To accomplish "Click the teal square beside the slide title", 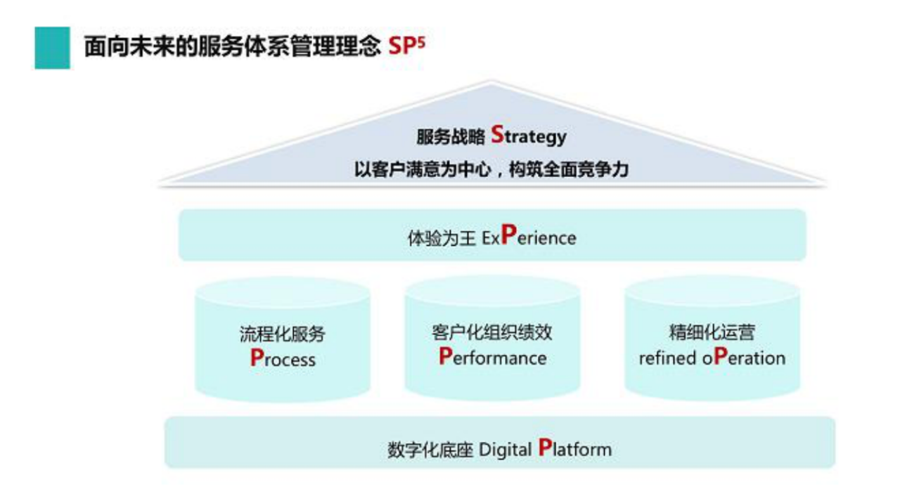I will click(x=52, y=48).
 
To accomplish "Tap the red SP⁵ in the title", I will click(x=406, y=47).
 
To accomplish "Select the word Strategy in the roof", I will click(x=529, y=136).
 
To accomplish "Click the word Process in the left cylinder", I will click(x=283, y=358).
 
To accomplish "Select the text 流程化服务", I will click(x=283, y=334).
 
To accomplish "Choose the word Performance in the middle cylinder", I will click(x=492, y=357).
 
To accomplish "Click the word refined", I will click(x=667, y=358).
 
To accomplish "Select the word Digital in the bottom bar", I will click(x=505, y=449).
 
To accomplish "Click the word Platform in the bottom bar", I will click(x=575, y=448).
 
